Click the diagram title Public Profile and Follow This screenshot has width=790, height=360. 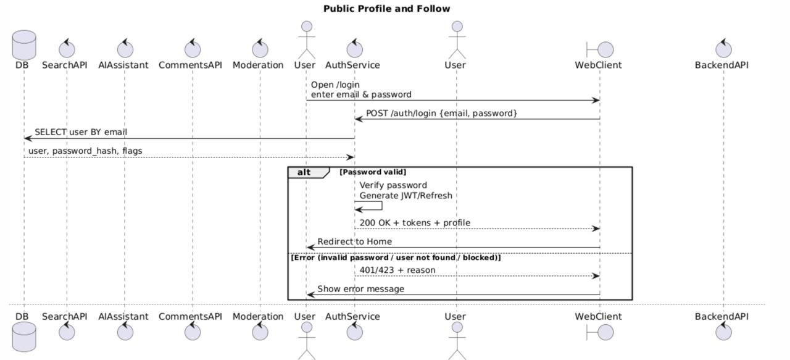tap(386, 9)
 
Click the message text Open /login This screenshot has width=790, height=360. tap(335, 85)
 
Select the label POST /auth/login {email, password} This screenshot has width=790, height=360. tap(441, 113)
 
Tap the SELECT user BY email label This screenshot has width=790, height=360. tap(81, 132)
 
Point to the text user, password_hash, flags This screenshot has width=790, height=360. tap(85, 151)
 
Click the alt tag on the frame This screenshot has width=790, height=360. tap(304, 172)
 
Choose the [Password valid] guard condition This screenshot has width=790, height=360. tap(373, 172)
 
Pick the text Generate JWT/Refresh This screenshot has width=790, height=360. tap(406, 196)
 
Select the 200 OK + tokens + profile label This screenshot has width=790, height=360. tap(415, 223)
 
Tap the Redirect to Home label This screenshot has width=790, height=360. tap(354, 241)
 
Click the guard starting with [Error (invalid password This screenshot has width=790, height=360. tap(396, 257)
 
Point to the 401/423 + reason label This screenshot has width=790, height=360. tap(397, 270)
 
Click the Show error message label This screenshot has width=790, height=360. tap(360, 289)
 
